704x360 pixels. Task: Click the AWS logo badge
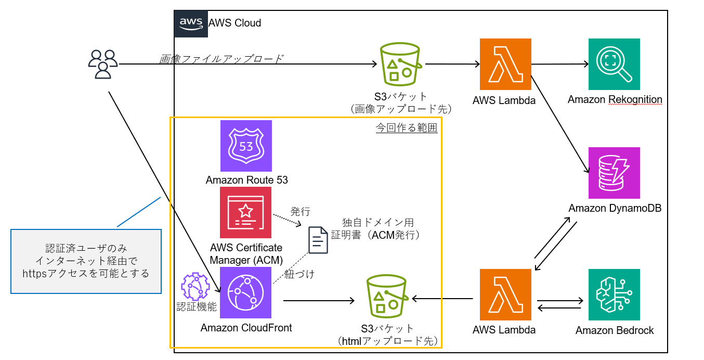pyautogui.click(x=191, y=24)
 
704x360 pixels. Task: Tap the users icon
pyautogui.click(x=103, y=64)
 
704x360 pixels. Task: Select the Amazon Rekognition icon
pyautogui.click(x=614, y=65)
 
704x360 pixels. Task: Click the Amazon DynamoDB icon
pyautogui.click(x=614, y=173)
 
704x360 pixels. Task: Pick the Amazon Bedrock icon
pyautogui.click(x=614, y=294)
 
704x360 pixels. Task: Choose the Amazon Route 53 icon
pyautogui.click(x=246, y=146)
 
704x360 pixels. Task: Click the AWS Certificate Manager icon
pyautogui.click(x=246, y=212)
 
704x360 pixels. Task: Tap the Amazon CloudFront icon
pyautogui.click(x=246, y=293)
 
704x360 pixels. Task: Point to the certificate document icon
pyautogui.click(x=318, y=240)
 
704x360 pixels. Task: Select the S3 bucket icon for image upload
pyautogui.click(x=400, y=65)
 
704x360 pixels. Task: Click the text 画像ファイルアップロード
pyautogui.click(x=221, y=59)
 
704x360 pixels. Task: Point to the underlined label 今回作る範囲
pyautogui.click(x=407, y=127)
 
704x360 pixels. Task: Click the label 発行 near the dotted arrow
pyautogui.click(x=300, y=211)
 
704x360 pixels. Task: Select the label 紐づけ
pyautogui.click(x=299, y=275)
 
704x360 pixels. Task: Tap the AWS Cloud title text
pyautogui.click(x=234, y=23)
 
